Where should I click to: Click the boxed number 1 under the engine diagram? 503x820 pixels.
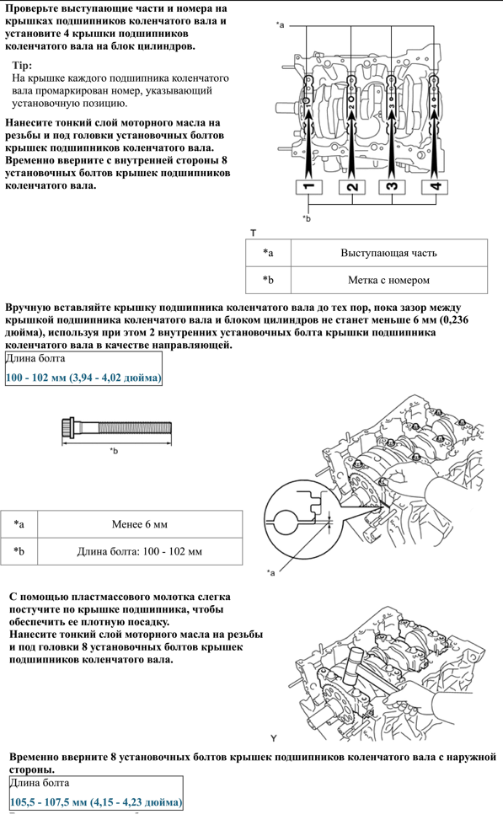pyautogui.click(x=308, y=187)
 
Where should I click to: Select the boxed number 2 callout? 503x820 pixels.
pyautogui.click(x=352, y=187)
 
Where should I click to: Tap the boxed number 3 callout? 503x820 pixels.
pyautogui.click(x=392, y=187)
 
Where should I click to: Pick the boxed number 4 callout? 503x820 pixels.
pyautogui.click(x=436, y=187)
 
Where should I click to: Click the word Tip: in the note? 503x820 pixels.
pyautogui.click(x=22, y=66)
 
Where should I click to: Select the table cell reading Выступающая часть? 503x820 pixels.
pyautogui.click(x=389, y=253)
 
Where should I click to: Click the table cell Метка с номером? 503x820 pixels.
pyautogui.click(x=389, y=281)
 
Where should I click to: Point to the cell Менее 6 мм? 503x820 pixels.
pyautogui.click(x=140, y=524)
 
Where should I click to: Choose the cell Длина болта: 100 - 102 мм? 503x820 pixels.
pyautogui.click(x=140, y=552)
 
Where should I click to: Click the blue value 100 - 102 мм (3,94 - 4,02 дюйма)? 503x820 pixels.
pyautogui.click(x=83, y=378)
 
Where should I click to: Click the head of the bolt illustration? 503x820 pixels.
pyautogui.click(x=68, y=429)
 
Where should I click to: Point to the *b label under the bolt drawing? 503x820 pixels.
pyautogui.click(x=114, y=451)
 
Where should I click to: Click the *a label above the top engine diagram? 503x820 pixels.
pyautogui.click(x=281, y=24)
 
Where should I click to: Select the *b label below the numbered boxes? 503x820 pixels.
pyautogui.click(x=307, y=218)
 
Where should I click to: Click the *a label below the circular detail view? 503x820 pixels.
pyautogui.click(x=270, y=573)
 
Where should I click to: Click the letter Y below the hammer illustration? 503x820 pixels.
pyautogui.click(x=274, y=738)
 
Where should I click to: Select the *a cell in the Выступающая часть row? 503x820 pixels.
pyautogui.click(x=268, y=253)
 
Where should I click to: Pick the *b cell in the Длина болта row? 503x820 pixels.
pyautogui.click(x=19, y=552)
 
